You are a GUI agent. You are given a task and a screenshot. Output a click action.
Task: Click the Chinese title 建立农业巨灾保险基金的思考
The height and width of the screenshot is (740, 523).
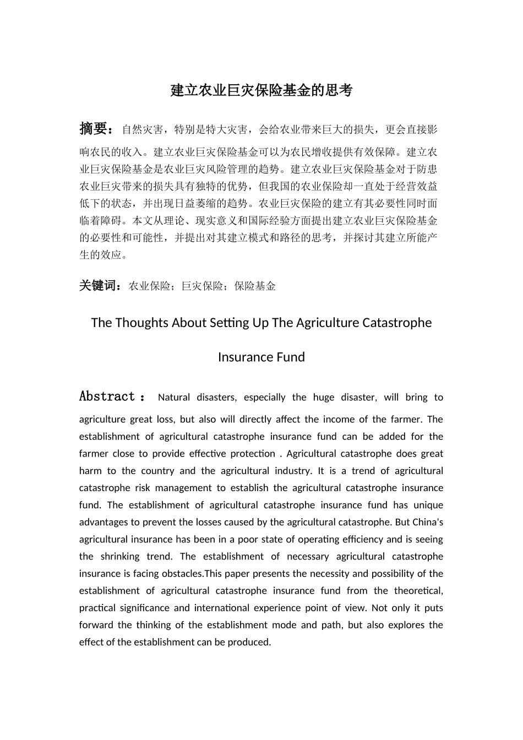[x=261, y=91]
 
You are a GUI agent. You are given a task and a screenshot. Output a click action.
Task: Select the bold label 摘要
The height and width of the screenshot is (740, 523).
[x=94, y=129]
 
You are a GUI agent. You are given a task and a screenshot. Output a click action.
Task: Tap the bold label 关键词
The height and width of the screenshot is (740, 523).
[x=99, y=286]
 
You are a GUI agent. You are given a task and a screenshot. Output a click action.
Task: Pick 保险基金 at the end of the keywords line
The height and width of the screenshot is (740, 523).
[x=255, y=286]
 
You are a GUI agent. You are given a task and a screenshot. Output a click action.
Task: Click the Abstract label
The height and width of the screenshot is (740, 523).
[x=107, y=397]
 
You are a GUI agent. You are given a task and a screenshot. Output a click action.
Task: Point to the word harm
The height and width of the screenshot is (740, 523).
[x=90, y=471]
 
